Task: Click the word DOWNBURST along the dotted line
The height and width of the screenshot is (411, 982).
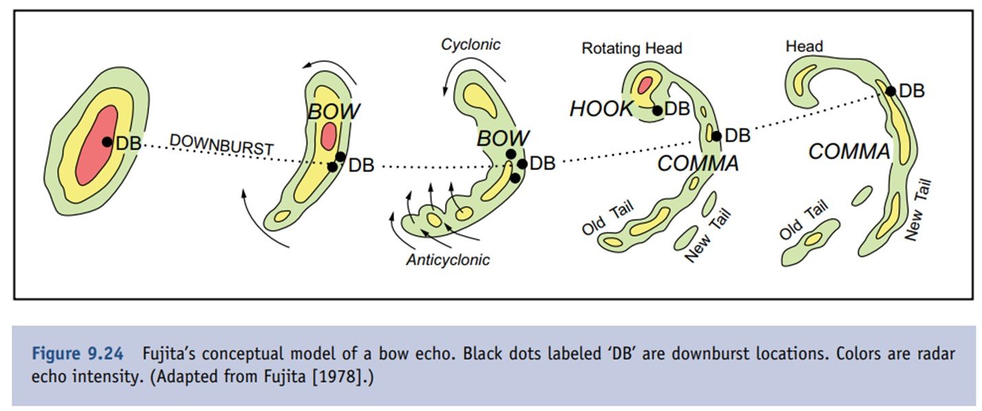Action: pyautogui.click(x=221, y=144)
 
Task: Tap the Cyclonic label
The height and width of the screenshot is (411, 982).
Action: pyautogui.click(x=470, y=45)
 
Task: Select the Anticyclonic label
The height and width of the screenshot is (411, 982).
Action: pyautogui.click(x=448, y=260)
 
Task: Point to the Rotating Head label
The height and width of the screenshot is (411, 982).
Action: pyautogui.click(x=632, y=48)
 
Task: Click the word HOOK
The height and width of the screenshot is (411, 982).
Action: pyautogui.click(x=601, y=109)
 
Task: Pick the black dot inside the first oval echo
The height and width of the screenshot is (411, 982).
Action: pyautogui.click(x=106, y=142)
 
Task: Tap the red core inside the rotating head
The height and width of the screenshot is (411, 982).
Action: pyautogui.click(x=645, y=85)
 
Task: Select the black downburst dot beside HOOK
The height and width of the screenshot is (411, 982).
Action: pyautogui.click(x=657, y=110)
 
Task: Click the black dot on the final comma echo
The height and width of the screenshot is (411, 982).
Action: pyautogui.click(x=891, y=91)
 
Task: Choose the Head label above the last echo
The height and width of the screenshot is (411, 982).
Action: pyautogui.click(x=804, y=47)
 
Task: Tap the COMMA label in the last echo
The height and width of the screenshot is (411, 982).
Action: pyautogui.click(x=849, y=152)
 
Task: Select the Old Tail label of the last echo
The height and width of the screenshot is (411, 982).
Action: pyautogui.click(x=804, y=220)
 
